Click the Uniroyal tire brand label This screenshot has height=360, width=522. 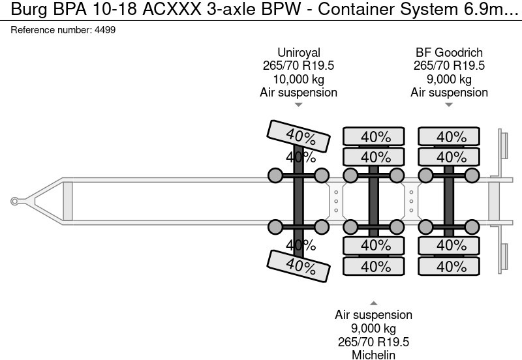(x=298, y=52)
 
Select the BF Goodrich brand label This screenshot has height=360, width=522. (x=449, y=52)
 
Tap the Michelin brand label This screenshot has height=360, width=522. (x=373, y=354)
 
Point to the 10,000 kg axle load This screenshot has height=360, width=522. (x=298, y=79)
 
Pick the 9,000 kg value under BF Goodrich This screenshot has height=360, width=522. (x=449, y=79)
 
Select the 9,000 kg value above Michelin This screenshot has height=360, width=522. (x=373, y=328)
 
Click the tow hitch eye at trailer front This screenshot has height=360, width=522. (x=14, y=202)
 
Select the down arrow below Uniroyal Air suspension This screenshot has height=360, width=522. (x=298, y=105)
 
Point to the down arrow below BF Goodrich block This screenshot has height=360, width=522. (x=449, y=105)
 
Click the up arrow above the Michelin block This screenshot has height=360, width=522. (x=373, y=303)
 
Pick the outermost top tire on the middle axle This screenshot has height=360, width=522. (x=373, y=137)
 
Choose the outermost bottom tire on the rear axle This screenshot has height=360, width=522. (x=449, y=266)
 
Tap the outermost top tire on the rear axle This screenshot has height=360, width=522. (x=449, y=137)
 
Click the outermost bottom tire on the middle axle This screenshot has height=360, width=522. (x=373, y=266)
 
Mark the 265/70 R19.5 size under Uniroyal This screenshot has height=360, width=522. (x=298, y=66)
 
